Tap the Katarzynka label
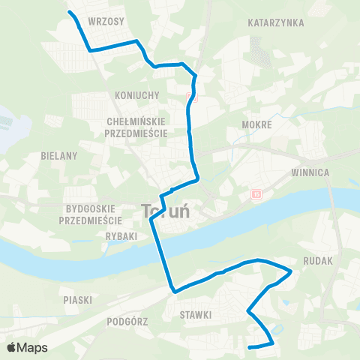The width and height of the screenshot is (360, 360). pos(276,23)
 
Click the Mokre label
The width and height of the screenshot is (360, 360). pos(256,124)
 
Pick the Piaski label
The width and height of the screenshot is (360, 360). pos(77,299)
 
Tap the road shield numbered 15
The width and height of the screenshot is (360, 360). pos(256,195)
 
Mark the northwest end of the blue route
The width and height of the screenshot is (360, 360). pos(69,13)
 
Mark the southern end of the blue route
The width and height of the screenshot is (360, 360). pos(249,347)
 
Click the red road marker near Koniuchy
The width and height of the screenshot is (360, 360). pos(190,97)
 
